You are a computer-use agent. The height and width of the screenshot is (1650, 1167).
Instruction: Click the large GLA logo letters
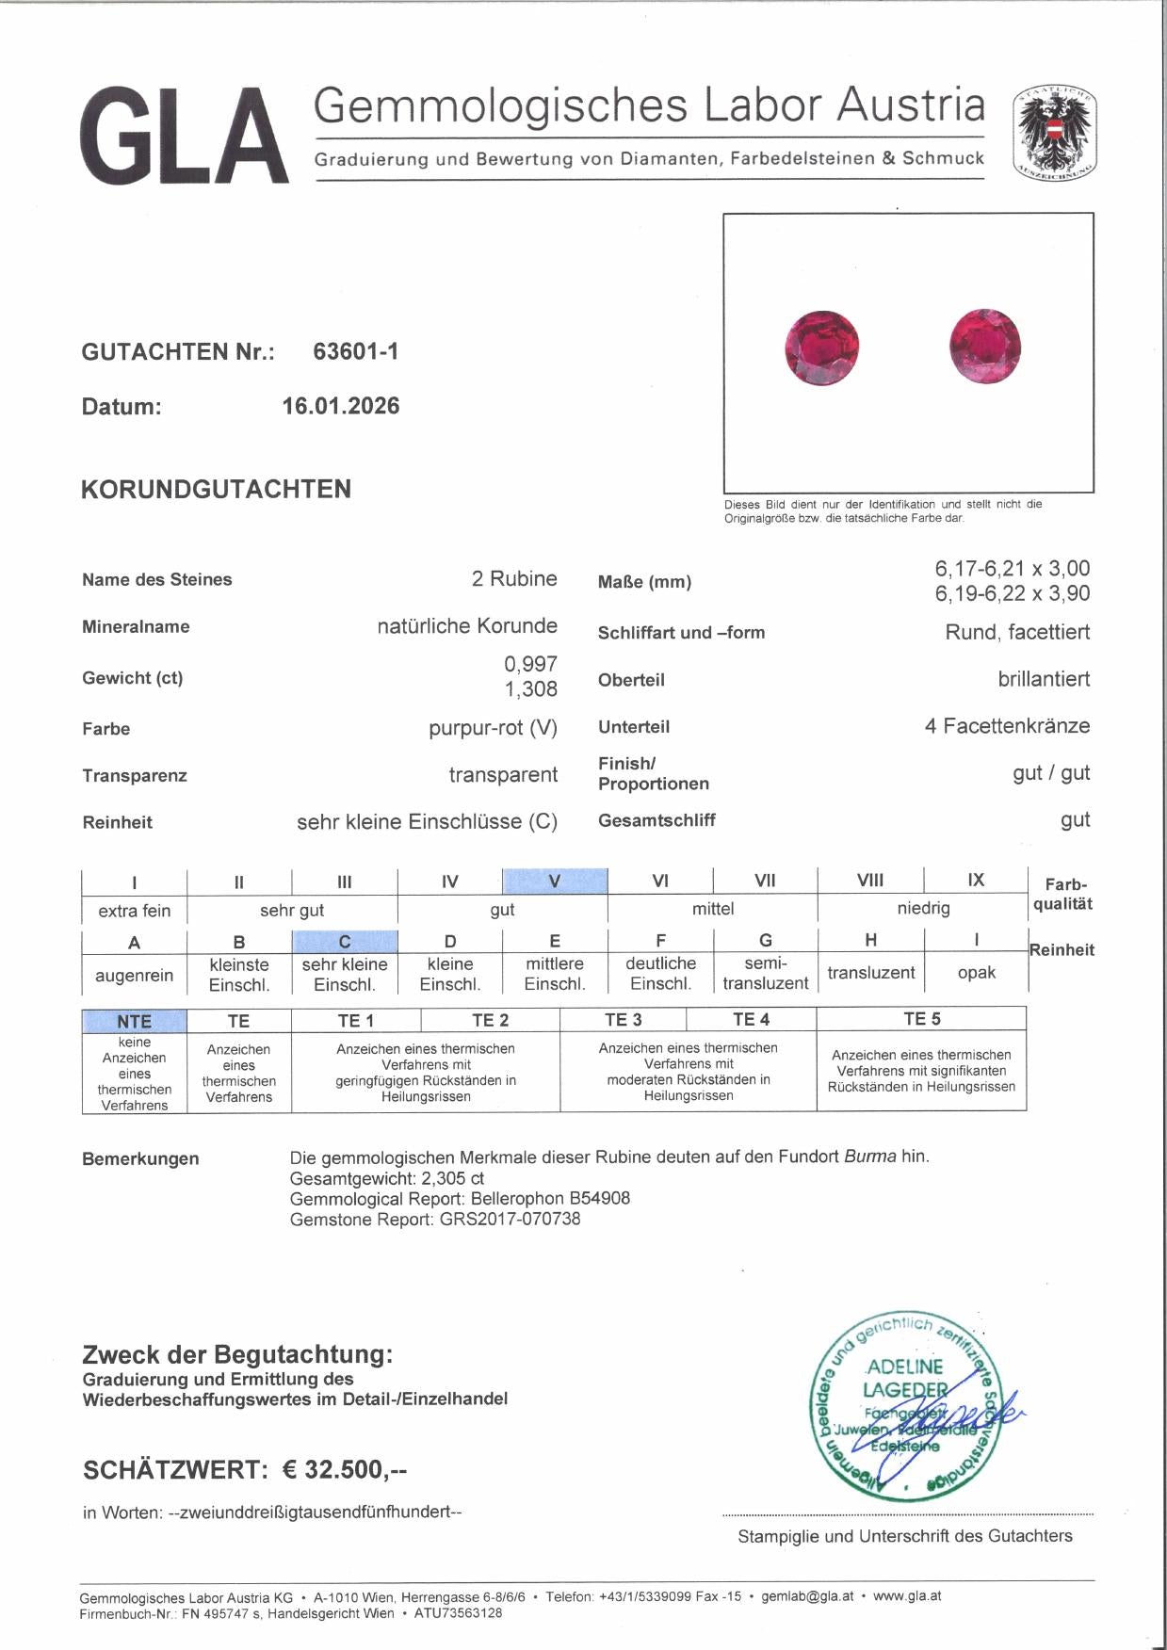pyautogui.click(x=185, y=136)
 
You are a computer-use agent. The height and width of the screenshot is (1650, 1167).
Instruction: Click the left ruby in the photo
pyautogui.click(x=821, y=348)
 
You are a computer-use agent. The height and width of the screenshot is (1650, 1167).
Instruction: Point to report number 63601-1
pyautogui.click(x=355, y=351)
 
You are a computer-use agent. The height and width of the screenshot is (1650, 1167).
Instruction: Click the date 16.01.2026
pyautogui.click(x=341, y=406)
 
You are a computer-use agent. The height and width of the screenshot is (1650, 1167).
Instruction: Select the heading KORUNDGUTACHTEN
pyautogui.click(x=216, y=489)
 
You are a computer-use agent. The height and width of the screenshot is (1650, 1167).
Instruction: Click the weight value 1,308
pyautogui.click(x=531, y=689)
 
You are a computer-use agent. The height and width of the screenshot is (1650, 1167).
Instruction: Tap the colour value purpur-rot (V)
pyautogui.click(x=493, y=728)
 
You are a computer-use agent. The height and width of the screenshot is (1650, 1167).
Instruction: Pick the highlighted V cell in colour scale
pyautogui.click(x=554, y=882)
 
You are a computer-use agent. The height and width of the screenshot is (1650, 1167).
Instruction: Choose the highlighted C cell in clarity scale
pyautogui.click(x=345, y=942)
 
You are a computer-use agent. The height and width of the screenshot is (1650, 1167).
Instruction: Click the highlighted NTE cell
pyautogui.click(x=134, y=1021)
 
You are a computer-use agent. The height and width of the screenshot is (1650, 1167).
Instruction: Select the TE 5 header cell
pyautogui.click(x=921, y=1019)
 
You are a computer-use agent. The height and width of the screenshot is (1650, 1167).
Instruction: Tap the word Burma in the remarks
pyautogui.click(x=869, y=1157)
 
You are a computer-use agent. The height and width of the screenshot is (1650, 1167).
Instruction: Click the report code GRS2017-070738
pyautogui.click(x=510, y=1219)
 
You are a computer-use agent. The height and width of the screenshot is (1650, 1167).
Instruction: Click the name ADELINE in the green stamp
pyautogui.click(x=904, y=1367)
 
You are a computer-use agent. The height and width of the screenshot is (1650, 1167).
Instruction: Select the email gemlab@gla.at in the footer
pyautogui.click(x=807, y=1596)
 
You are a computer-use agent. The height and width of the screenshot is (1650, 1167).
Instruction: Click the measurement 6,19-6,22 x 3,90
pyautogui.click(x=1013, y=593)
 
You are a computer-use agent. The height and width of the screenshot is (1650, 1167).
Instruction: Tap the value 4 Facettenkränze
pyautogui.click(x=1007, y=726)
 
